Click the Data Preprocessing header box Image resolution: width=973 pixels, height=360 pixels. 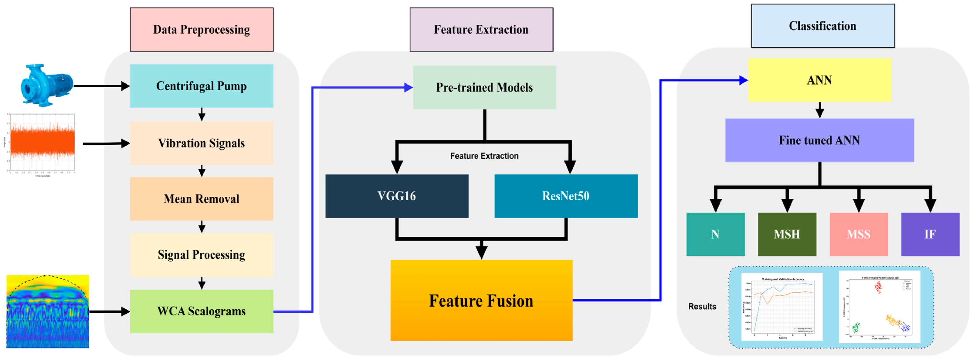point(201,29)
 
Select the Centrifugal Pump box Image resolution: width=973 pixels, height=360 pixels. point(201,86)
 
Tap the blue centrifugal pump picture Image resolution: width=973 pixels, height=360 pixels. point(46,85)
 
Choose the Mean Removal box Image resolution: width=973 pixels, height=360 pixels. point(201,199)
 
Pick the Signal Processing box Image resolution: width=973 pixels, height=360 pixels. point(201,255)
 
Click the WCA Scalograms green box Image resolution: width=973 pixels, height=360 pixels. point(201,311)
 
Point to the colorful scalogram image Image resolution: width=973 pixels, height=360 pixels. point(47,312)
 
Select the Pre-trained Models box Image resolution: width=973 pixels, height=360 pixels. point(484,88)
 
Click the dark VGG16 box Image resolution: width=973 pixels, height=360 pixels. point(397,196)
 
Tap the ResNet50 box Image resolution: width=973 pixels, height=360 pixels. point(566,196)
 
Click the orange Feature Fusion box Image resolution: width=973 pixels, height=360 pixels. point(481,300)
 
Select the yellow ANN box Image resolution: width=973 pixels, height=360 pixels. point(819,80)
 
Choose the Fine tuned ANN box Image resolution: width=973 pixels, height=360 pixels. point(819,140)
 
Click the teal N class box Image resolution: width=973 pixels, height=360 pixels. point(715,234)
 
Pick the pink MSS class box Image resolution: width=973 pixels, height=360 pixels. point(858,234)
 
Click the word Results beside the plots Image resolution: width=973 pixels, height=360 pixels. point(702,306)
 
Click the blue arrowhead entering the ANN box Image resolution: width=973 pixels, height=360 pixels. point(743,80)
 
